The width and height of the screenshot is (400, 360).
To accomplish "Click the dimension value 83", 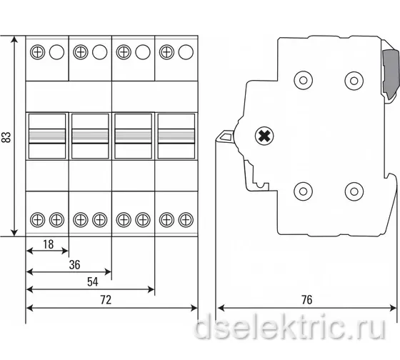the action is (6, 137).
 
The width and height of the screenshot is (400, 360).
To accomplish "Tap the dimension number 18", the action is (49, 244).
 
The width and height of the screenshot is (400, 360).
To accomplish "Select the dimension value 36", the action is (74, 264).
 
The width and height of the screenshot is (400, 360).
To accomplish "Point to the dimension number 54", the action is (92, 282).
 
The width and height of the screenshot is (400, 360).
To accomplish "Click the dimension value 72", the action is (106, 300).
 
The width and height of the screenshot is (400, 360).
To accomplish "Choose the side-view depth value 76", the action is (306, 300).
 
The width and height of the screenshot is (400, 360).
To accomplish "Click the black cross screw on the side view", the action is (264, 136).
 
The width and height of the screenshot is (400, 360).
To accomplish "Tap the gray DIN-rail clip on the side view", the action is (391, 74).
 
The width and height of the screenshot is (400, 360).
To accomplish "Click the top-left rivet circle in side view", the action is (304, 81).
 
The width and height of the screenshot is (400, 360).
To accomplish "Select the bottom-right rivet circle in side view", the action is (354, 191).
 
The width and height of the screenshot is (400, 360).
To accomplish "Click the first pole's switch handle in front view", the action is (47, 136).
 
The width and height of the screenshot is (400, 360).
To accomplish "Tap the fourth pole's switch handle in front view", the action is (176, 136).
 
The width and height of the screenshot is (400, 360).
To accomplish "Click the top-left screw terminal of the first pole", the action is (37, 52).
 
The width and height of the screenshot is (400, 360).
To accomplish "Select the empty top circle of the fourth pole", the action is (186, 52).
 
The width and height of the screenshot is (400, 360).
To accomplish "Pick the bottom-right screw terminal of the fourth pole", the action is (186, 220).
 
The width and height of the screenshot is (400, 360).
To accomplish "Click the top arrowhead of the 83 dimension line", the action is (14, 39).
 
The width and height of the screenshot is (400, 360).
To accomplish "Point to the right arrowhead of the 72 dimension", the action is (194, 308).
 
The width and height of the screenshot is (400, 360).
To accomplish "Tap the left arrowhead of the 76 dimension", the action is (221, 308).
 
